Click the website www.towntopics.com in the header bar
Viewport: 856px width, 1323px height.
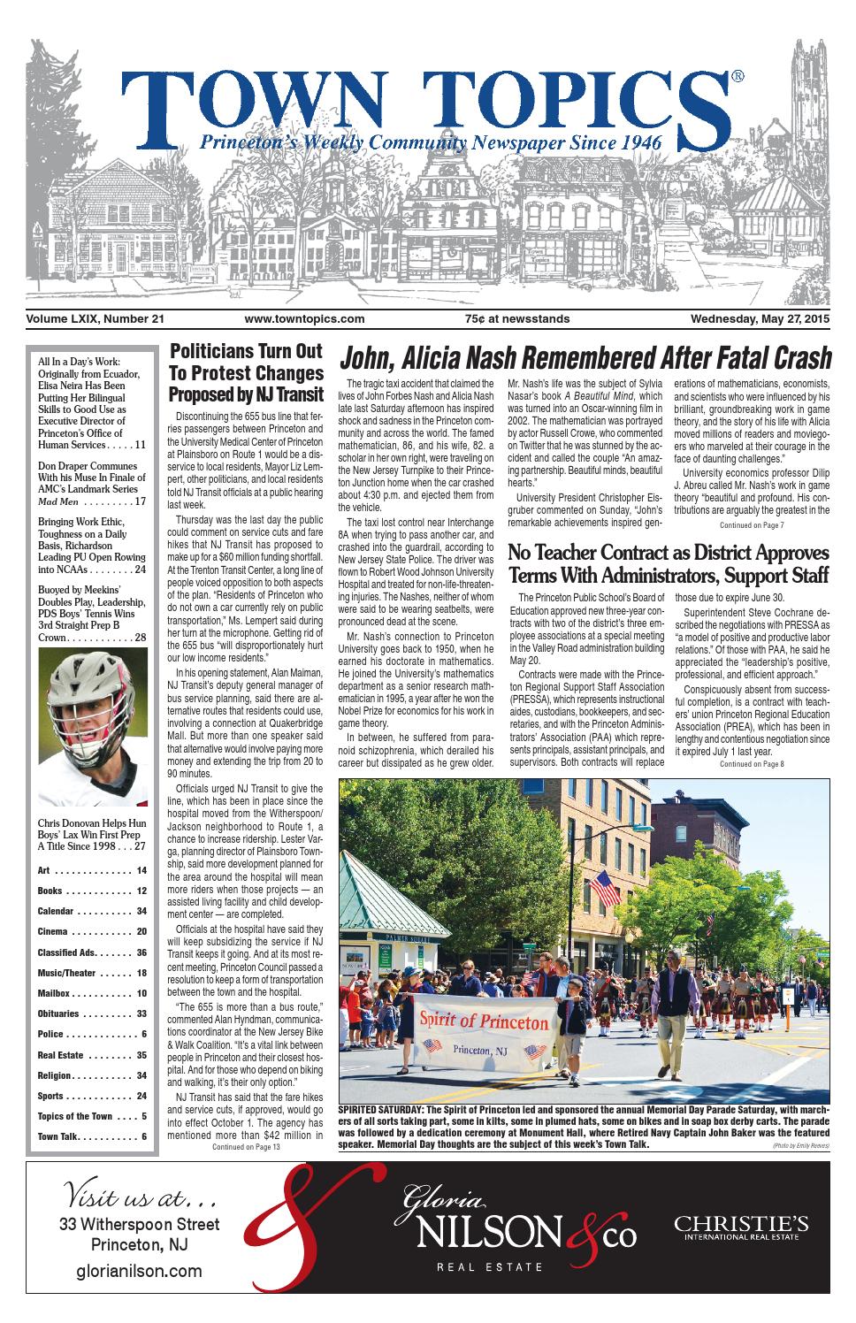304,319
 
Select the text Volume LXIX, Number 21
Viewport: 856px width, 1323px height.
96,319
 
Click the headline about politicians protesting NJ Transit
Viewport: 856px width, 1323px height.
246,372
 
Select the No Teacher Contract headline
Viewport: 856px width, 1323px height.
668,565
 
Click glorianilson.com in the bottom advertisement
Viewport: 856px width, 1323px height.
138,1272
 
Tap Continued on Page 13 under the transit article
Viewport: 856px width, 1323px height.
246,1147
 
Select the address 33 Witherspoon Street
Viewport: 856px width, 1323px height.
139,1225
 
